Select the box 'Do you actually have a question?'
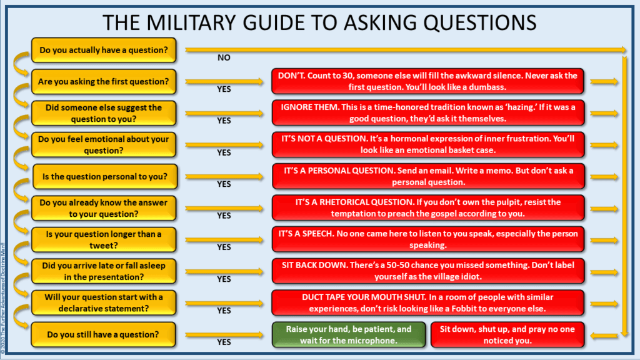click(104, 50)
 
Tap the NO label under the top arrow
click(224, 57)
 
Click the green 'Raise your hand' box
click(349, 334)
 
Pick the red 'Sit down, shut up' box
click(507, 334)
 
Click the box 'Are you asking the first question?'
click(104, 81)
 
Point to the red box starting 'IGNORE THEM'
click(428, 112)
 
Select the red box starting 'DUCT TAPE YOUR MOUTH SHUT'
click(428, 302)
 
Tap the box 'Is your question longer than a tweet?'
click(104, 239)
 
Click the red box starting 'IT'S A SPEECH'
click(428, 239)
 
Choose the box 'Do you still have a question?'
click(104, 334)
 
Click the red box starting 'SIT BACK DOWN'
click(428, 271)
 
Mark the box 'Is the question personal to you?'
click(104, 176)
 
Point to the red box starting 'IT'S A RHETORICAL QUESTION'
click(428, 207)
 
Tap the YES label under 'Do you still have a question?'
click(224, 342)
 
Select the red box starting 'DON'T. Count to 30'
click(428, 81)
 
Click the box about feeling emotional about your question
click(104, 144)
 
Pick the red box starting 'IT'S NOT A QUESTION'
click(428, 144)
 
